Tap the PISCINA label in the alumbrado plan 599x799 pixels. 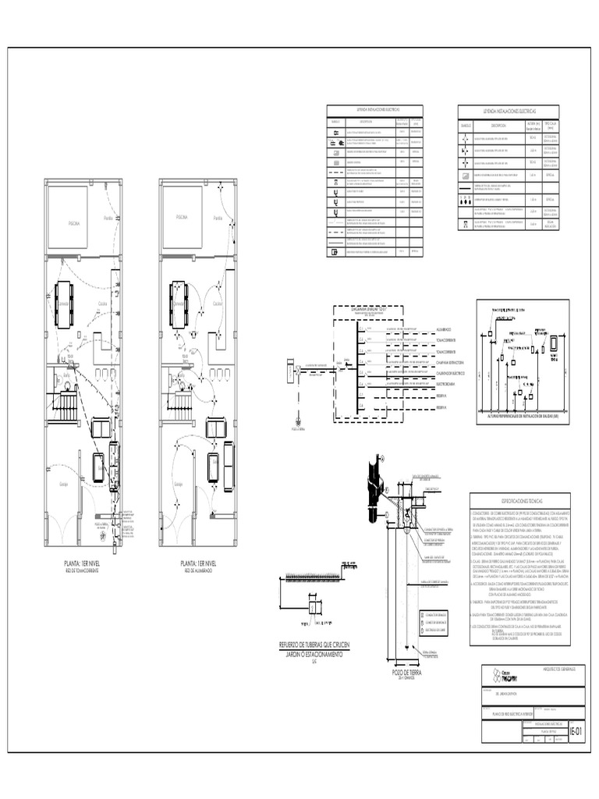181,217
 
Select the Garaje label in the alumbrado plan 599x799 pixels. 178,484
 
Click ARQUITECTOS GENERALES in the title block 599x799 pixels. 550,669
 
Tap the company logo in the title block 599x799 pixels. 503,674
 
